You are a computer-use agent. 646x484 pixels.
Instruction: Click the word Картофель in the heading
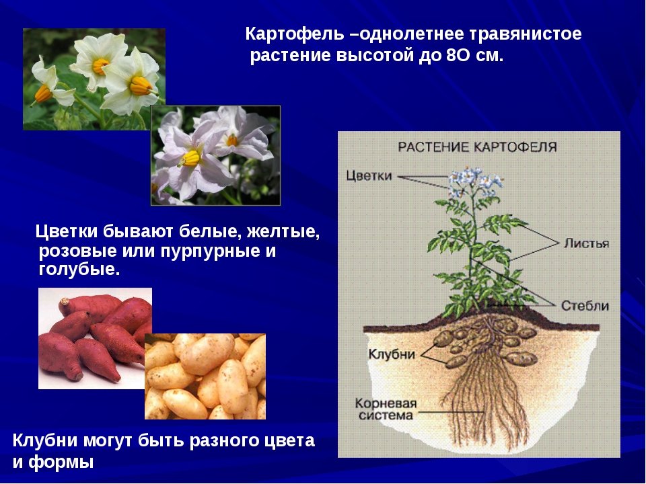click(x=294, y=34)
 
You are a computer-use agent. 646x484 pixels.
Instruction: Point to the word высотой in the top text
click(x=375, y=56)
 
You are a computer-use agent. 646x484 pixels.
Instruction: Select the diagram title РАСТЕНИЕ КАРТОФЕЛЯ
click(x=478, y=147)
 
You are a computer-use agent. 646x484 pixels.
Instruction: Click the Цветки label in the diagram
click(x=369, y=175)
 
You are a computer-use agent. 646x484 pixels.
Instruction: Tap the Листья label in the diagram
click(x=586, y=243)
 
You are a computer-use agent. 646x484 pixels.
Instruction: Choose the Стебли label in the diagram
click(x=585, y=306)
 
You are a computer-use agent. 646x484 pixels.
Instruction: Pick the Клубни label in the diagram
click(x=391, y=354)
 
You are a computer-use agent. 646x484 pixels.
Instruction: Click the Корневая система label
click(x=386, y=409)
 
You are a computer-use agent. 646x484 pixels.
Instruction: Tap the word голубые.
click(x=79, y=269)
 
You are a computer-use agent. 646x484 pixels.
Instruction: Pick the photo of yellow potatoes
click(x=205, y=376)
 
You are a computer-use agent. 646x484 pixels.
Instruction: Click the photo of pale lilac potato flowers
click(x=215, y=155)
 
